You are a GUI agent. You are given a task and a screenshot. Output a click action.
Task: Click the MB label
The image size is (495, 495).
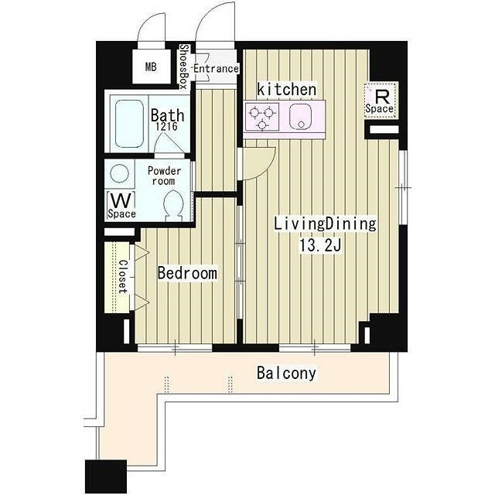coord(151,67)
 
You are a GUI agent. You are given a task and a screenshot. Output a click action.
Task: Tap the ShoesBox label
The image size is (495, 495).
coord(184,67)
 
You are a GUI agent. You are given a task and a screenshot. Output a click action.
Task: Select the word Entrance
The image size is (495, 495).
coord(216,69)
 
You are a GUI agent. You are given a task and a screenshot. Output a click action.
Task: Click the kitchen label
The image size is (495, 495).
coord(286,90)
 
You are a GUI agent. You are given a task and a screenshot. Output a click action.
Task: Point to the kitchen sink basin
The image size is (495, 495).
coord(301,117)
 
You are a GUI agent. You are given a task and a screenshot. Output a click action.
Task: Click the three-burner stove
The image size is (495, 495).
coord(261,117)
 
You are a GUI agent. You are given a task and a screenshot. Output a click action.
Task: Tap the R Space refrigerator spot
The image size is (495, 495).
coord(381,101)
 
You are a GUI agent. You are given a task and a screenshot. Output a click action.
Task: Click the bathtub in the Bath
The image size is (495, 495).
coord(129,124)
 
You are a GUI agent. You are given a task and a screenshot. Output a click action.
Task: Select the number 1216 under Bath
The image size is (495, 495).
coord(166,126)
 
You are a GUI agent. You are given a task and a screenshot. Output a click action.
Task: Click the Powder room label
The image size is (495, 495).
coord(164,176)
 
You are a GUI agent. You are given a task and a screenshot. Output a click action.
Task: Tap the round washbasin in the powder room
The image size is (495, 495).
coord(119,173)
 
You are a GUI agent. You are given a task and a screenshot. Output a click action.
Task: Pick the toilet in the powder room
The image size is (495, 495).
coord(173,206)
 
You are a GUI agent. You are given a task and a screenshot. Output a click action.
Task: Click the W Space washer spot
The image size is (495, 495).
coord(121,205)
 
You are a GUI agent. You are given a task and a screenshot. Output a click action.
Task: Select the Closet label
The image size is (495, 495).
coord(123,277)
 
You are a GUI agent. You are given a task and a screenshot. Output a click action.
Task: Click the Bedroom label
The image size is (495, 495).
coord(187,273)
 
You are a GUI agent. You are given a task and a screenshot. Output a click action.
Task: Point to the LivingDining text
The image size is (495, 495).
coord(325,224)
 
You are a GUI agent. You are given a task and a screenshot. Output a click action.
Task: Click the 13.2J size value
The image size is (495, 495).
coord(321,245)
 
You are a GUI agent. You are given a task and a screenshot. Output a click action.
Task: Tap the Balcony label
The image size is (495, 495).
coord(286,373)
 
